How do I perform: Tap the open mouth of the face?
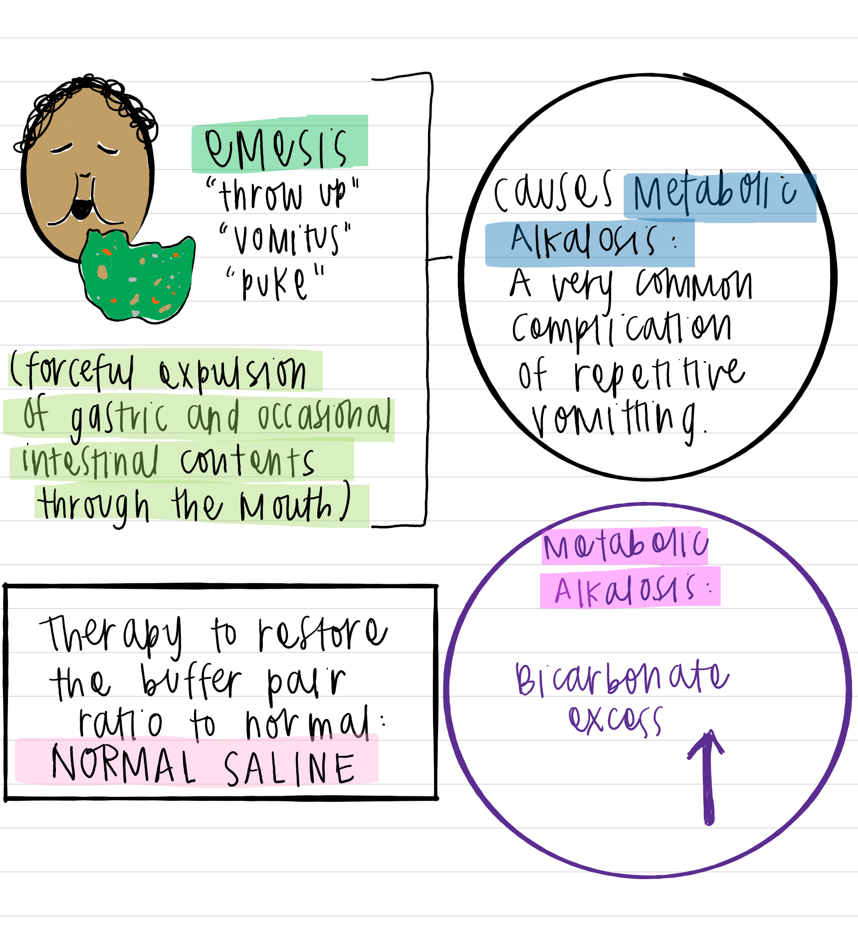[x=81, y=208]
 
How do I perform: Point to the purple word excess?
[x=616, y=720]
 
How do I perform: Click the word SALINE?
[x=289, y=768]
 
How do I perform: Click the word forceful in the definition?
[x=75, y=371]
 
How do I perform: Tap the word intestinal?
[x=90, y=462]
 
